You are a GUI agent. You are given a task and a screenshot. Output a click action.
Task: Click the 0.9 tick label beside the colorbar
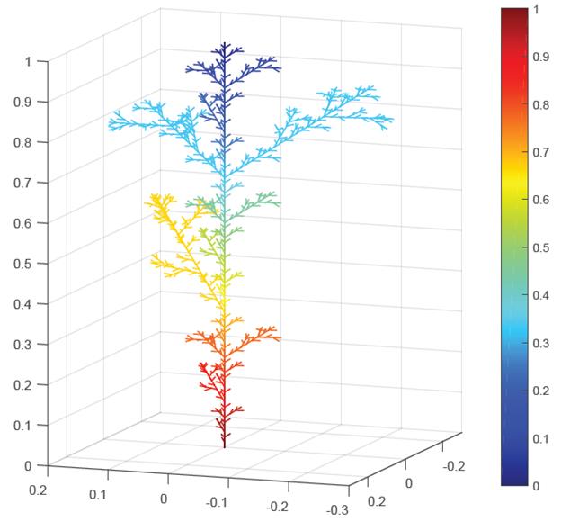(541, 57)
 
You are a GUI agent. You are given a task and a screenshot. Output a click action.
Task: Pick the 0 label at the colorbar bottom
(537, 486)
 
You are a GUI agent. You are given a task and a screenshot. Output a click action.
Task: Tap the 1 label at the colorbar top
(537, 9)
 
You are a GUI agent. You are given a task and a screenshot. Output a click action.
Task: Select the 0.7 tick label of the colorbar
(541, 152)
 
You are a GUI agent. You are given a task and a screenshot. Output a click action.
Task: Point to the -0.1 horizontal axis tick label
(216, 501)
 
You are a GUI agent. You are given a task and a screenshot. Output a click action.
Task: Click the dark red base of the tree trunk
(224, 443)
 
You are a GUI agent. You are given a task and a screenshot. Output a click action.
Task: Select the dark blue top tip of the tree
(224, 44)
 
